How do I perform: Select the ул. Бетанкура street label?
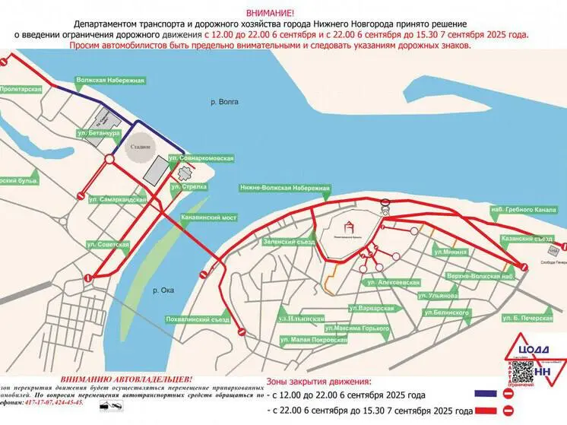coord(99,134)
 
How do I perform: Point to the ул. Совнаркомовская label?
coord(201,158)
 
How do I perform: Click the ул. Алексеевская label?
coord(392,281)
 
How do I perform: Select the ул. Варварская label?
coord(372,308)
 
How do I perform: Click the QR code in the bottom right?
coord(521,371)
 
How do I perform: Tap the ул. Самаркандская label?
coord(117,198)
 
